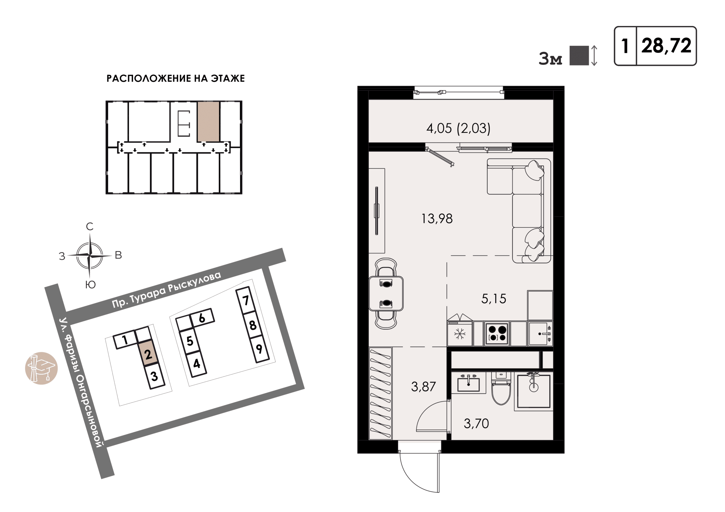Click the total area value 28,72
coord(666,46)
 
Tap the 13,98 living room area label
coord(437,219)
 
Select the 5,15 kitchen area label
coord(494,298)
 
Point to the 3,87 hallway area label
coord(423,386)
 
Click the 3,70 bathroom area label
coord(476,423)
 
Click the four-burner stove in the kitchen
coord(497,334)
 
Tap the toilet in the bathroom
coord(501,389)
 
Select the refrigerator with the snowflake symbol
coord(460,334)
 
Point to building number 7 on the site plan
coord(246,300)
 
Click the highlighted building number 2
coord(148,354)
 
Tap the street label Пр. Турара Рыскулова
coord(167,289)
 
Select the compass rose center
coord(90,255)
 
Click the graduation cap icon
coord(41,368)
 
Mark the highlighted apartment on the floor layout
coord(208,121)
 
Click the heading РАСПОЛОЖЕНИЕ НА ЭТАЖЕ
coord(176,79)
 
